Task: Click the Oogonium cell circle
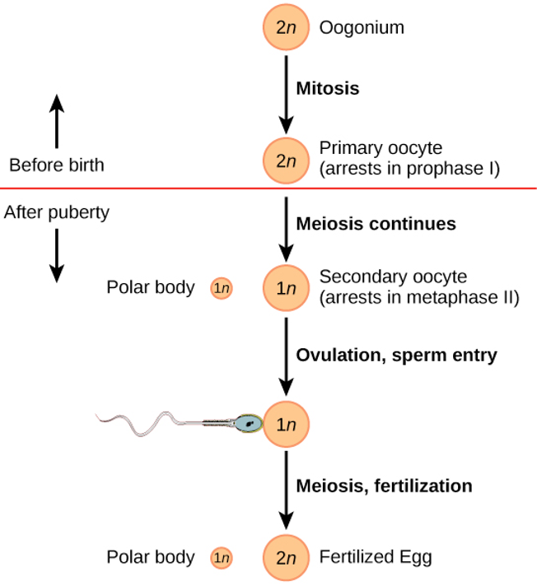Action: pyautogui.click(x=285, y=28)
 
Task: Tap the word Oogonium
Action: pyautogui.click(x=362, y=28)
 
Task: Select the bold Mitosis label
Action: pyautogui.click(x=328, y=88)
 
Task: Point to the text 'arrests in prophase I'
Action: pyautogui.click(x=409, y=170)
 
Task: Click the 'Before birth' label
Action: pyautogui.click(x=57, y=165)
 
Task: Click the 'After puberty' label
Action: pyautogui.click(x=57, y=212)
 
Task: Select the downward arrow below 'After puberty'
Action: pyautogui.click(x=56, y=255)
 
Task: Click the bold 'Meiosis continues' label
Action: pyautogui.click(x=376, y=223)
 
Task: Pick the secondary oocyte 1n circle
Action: pyautogui.click(x=285, y=288)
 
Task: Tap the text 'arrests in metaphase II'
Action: pyautogui.click(x=419, y=297)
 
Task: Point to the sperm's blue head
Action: pyautogui.click(x=248, y=423)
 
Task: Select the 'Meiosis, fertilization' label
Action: pyautogui.click(x=384, y=486)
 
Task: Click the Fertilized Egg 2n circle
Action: pyautogui.click(x=285, y=558)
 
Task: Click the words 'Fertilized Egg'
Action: pyautogui.click(x=375, y=557)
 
